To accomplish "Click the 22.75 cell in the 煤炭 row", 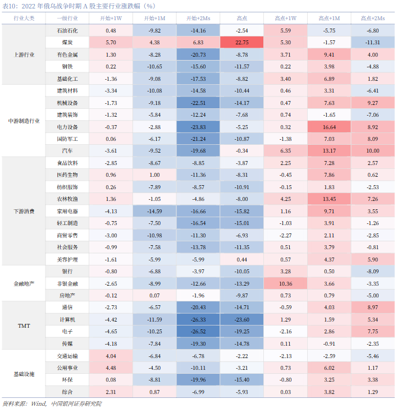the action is (x=242, y=43).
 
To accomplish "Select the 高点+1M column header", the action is (x=329, y=18).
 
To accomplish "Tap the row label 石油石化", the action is (x=67, y=30).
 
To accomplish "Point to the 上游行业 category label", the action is (x=24, y=54).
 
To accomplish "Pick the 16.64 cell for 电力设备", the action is (x=329, y=127).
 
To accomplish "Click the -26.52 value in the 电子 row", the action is (x=198, y=332).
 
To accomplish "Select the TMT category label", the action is (x=24, y=326).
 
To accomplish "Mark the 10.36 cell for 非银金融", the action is (x=286, y=283).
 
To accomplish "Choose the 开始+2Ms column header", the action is (x=198, y=18).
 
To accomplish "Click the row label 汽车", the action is (x=67, y=150).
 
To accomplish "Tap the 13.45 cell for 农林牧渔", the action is (x=329, y=199).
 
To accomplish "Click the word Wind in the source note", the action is (x=39, y=404).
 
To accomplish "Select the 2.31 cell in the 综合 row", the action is (x=111, y=392).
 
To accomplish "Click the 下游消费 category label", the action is (x=24, y=211).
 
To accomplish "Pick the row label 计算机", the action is (x=67, y=319).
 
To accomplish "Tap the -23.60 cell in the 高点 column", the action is (x=242, y=319).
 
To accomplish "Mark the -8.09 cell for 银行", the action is (x=373, y=272).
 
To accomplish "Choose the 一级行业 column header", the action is (x=67, y=18).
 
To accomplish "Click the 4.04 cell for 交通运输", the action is (x=111, y=356).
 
